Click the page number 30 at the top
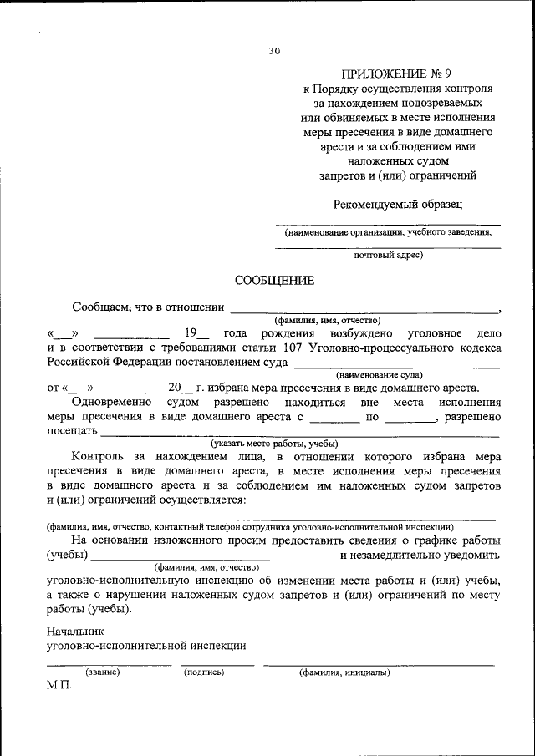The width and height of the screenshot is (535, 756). tap(274, 51)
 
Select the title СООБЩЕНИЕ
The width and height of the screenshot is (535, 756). tap(274, 281)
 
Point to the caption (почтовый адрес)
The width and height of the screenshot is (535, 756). tap(388, 254)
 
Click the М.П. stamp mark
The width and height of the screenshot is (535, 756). tap(59, 685)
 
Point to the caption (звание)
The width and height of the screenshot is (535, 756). tap(103, 672)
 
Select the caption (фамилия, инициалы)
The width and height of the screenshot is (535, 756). tap(344, 672)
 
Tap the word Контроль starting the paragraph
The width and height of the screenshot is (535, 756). tap(98, 458)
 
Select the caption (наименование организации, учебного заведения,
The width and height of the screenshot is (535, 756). tap(387, 233)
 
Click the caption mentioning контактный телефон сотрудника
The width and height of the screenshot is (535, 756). tap(250, 527)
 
